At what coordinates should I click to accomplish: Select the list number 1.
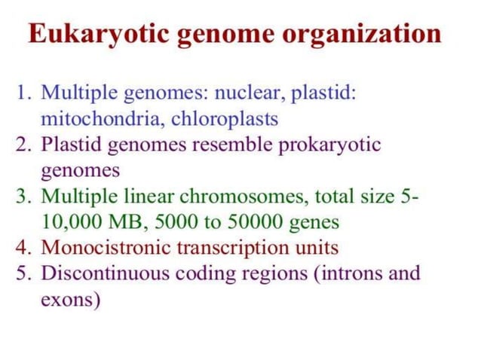tap(22, 93)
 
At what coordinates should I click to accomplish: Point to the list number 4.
tap(22, 247)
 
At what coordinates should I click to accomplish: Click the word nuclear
tap(246, 93)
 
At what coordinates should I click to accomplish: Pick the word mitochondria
tap(101, 119)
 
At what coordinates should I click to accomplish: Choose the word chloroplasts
tap(224, 119)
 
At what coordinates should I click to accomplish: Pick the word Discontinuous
tap(103, 273)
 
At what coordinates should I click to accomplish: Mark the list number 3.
tap(22, 196)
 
